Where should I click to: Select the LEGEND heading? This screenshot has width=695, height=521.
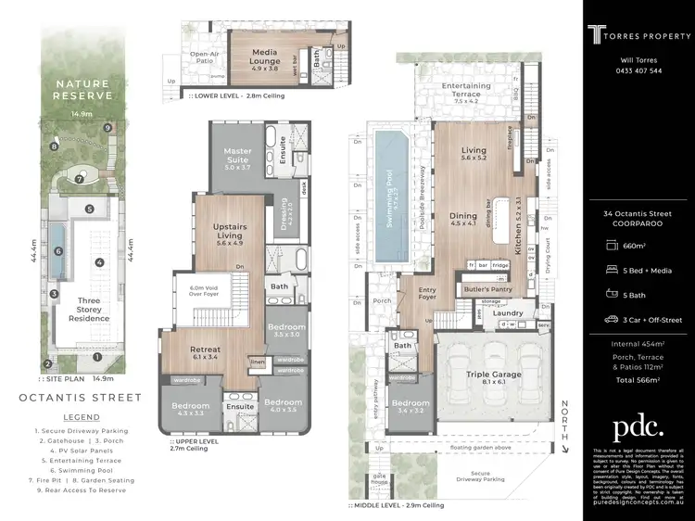(80, 417)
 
